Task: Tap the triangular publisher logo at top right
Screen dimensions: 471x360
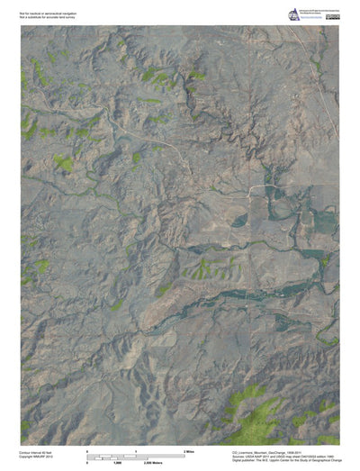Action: pyautogui.click(x=293, y=14)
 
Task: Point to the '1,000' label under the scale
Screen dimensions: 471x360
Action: pyautogui.click(x=117, y=461)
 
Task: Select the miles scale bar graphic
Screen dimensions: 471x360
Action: pyautogui.click(x=136, y=454)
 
